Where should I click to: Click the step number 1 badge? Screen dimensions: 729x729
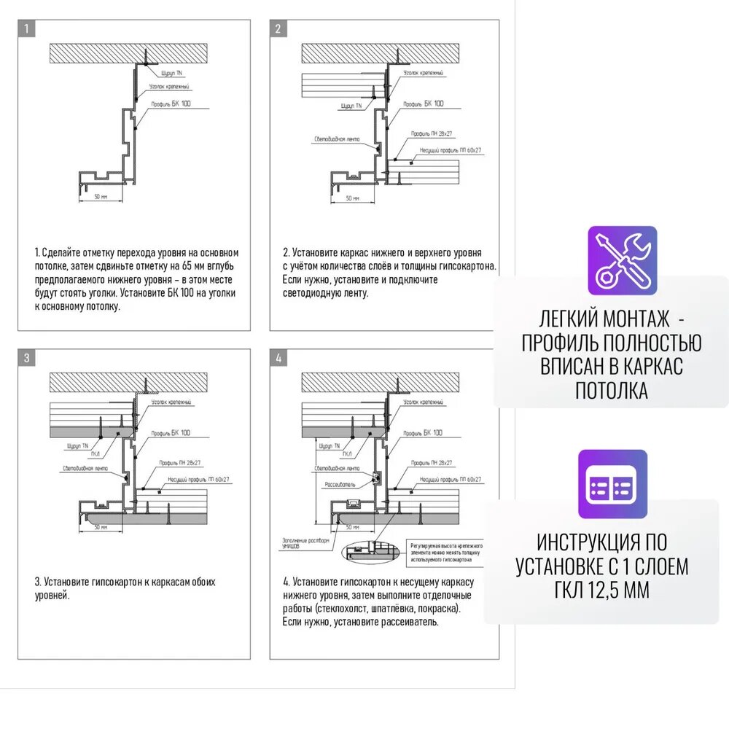26,29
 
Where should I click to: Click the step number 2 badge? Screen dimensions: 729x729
278,29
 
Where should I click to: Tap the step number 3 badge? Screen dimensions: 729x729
26,358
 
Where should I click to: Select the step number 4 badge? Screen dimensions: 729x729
278,358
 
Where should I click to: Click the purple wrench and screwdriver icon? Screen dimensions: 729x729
622,260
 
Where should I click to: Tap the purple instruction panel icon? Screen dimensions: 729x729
612,484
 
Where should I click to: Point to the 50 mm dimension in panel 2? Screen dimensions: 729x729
352,198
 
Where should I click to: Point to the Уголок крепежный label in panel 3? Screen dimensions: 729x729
171,402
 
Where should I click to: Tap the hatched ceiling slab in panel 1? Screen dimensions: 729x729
129,52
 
